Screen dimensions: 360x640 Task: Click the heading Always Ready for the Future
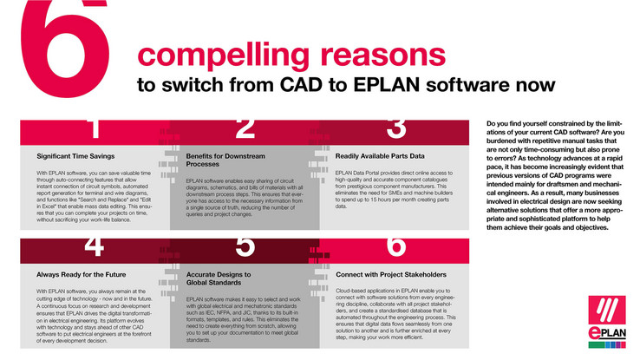tap(75, 275)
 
